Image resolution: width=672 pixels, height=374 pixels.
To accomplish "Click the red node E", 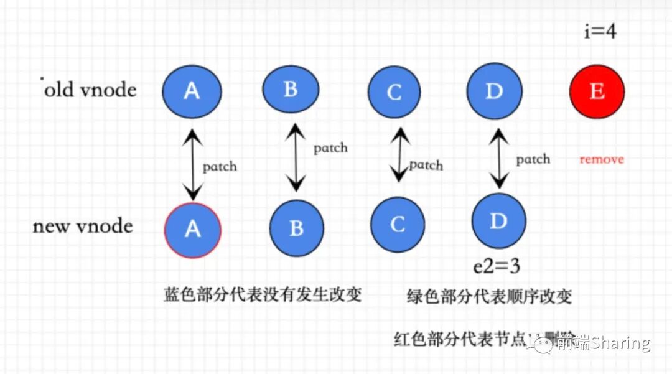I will point(597,91).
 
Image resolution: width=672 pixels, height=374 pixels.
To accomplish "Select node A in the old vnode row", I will point(192,91).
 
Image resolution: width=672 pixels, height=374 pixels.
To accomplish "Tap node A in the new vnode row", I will point(192,229).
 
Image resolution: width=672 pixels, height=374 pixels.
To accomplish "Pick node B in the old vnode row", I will point(291,88).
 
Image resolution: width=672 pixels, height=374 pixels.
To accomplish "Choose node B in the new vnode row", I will point(296,228).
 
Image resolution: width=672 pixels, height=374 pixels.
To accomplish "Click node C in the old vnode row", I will point(394,92).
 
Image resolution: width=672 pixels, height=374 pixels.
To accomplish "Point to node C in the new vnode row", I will point(398,224).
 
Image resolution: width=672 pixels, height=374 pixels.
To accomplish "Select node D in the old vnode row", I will point(494,91).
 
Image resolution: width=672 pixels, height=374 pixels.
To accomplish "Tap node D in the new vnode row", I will point(498,221).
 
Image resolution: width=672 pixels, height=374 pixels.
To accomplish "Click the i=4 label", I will point(600,31).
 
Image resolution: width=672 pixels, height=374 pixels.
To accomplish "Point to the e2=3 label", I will point(497,266).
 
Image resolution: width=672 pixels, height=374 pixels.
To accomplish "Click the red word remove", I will point(601,159).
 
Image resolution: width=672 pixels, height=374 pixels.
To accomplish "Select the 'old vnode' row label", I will point(90,90).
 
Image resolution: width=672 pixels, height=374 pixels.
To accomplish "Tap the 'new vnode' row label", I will point(83,226).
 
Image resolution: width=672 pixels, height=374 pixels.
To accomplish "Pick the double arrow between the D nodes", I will point(497,158).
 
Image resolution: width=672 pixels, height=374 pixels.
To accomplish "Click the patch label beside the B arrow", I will point(330,148).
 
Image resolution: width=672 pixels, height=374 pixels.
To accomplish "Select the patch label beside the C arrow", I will point(426,165).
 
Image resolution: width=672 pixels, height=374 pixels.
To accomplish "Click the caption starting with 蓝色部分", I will point(263,294).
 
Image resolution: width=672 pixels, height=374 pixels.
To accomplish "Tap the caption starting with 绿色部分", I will point(489,296).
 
